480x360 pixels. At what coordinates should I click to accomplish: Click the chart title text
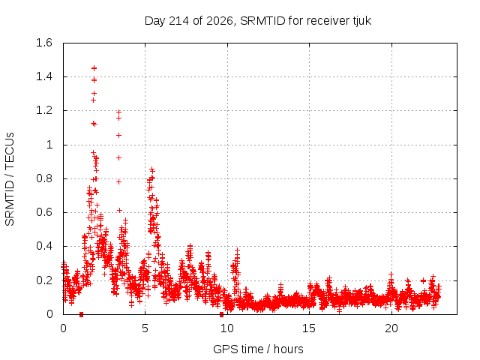pyautogui.click(x=258, y=21)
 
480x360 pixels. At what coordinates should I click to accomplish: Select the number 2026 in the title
pyautogui.click(x=220, y=21)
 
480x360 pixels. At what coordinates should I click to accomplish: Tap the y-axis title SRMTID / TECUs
pyautogui.click(x=10, y=179)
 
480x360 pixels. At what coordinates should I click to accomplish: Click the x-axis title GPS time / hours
pyautogui.click(x=258, y=349)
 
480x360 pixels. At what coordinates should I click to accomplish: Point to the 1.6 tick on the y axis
pyautogui.click(x=44, y=43)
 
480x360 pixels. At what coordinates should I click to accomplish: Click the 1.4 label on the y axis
pyautogui.click(x=44, y=76)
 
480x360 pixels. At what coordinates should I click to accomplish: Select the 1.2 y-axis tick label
pyautogui.click(x=44, y=110)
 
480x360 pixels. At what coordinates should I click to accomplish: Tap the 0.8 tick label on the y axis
pyautogui.click(x=44, y=178)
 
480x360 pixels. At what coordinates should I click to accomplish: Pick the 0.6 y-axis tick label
pyautogui.click(x=44, y=212)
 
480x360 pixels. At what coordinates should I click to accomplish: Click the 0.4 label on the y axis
pyautogui.click(x=44, y=246)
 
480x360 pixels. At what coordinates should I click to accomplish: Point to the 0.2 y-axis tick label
pyautogui.click(x=44, y=280)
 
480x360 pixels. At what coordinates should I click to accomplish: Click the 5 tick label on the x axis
pyautogui.click(x=145, y=328)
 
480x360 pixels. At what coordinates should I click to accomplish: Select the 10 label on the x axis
pyautogui.click(x=227, y=328)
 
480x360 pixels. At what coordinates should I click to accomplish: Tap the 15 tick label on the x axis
pyautogui.click(x=309, y=328)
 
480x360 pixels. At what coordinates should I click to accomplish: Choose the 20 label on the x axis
pyautogui.click(x=391, y=328)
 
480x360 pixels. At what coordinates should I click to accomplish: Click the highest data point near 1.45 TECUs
pyautogui.click(x=94, y=68)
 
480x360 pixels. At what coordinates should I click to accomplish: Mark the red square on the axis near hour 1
pyautogui.click(x=81, y=314)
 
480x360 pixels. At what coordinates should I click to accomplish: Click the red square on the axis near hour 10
pyautogui.click(x=221, y=314)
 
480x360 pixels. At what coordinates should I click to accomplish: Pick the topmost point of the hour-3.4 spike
pyautogui.click(x=118, y=112)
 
